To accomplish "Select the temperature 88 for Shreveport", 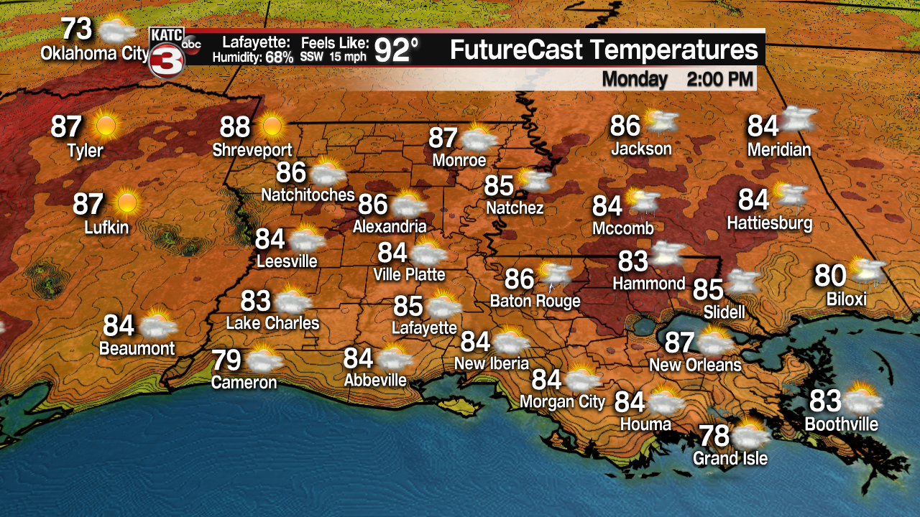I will click(x=235, y=127).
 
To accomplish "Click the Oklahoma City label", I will click(x=94, y=54).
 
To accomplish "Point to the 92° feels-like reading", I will click(x=396, y=51).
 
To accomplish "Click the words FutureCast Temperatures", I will click(x=604, y=50).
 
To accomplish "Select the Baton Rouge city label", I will click(x=535, y=301).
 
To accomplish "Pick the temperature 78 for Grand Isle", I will click(x=714, y=436).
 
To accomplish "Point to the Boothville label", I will click(x=841, y=424).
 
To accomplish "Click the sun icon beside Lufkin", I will click(x=127, y=203).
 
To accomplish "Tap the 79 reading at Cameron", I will click(x=226, y=360).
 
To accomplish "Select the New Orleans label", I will click(x=694, y=365).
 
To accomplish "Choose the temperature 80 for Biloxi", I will click(x=829, y=276).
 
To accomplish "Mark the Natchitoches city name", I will click(x=308, y=195).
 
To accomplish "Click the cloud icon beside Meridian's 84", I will click(x=799, y=120).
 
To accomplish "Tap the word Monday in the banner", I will click(x=635, y=78).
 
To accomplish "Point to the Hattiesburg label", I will click(x=769, y=223).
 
